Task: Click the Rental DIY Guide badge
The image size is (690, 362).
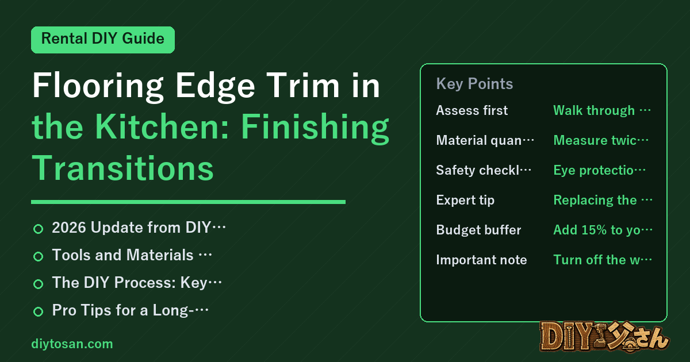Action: (x=103, y=40)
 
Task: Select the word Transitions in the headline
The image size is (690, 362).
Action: (x=122, y=168)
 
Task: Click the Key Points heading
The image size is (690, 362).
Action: (x=474, y=84)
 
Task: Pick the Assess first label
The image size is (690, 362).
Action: (x=471, y=110)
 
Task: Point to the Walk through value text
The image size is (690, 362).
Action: (x=602, y=110)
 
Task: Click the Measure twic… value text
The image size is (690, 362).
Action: (x=601, y=140)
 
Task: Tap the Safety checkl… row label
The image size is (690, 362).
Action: (x=484, y=170)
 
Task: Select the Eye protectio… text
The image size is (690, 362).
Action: (x=599, y=170)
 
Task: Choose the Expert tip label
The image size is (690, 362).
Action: (x=465, y=200)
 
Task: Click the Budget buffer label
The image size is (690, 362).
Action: (x=478, y=230)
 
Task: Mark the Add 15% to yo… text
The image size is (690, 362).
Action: (x=603, y=230)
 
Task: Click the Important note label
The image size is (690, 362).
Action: (x=481, y=260)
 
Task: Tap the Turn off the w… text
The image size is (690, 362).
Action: (x=603, y=260)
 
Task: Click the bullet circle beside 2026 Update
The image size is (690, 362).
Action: (x=38, y=229)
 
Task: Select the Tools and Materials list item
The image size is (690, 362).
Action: (x=132, y=255)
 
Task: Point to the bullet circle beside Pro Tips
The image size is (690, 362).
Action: (x=38, y=311)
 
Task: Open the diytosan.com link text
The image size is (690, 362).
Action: (x=72, y=344)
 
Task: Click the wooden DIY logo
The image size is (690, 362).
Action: (x=604, y=337)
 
